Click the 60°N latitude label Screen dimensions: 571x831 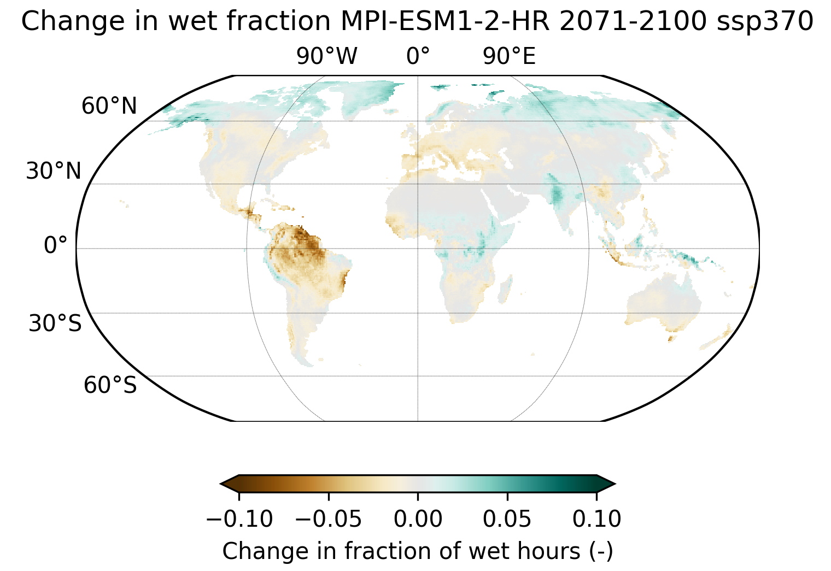109,106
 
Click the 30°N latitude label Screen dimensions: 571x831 54,172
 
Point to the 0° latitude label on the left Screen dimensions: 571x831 55,245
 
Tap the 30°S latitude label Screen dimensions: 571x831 55,323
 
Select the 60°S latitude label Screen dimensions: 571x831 110,385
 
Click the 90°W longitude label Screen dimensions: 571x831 327,56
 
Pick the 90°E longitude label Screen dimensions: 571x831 509,56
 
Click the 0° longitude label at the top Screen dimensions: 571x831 418,56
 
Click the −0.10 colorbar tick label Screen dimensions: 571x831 239,519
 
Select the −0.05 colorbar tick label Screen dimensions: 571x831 328,519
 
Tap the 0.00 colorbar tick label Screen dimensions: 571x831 418,519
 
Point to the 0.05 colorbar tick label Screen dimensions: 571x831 507,519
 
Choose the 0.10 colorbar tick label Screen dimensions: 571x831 596,519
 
